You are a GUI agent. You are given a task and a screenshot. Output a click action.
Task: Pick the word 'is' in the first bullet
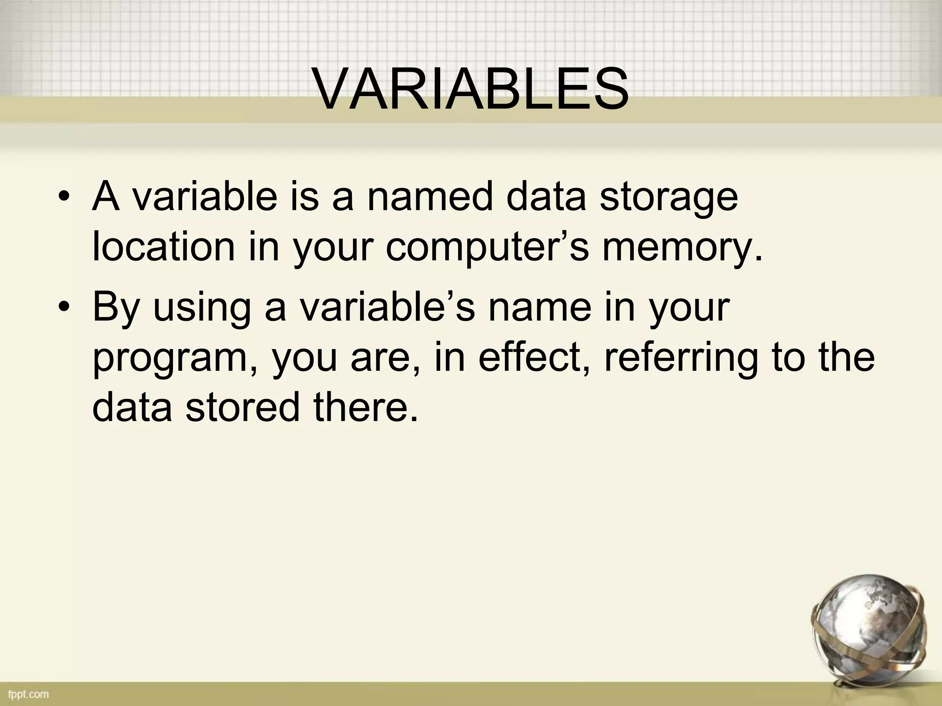click(304, 197)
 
